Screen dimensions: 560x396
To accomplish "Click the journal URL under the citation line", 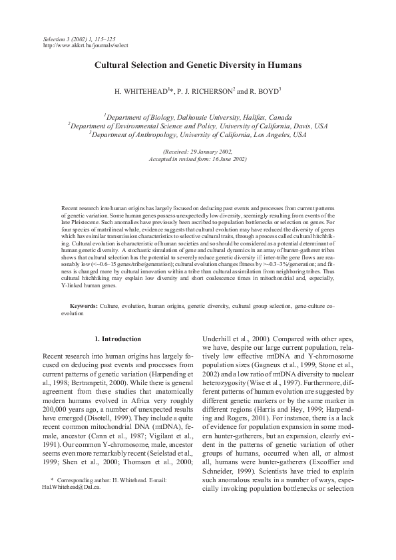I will point(85,45).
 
